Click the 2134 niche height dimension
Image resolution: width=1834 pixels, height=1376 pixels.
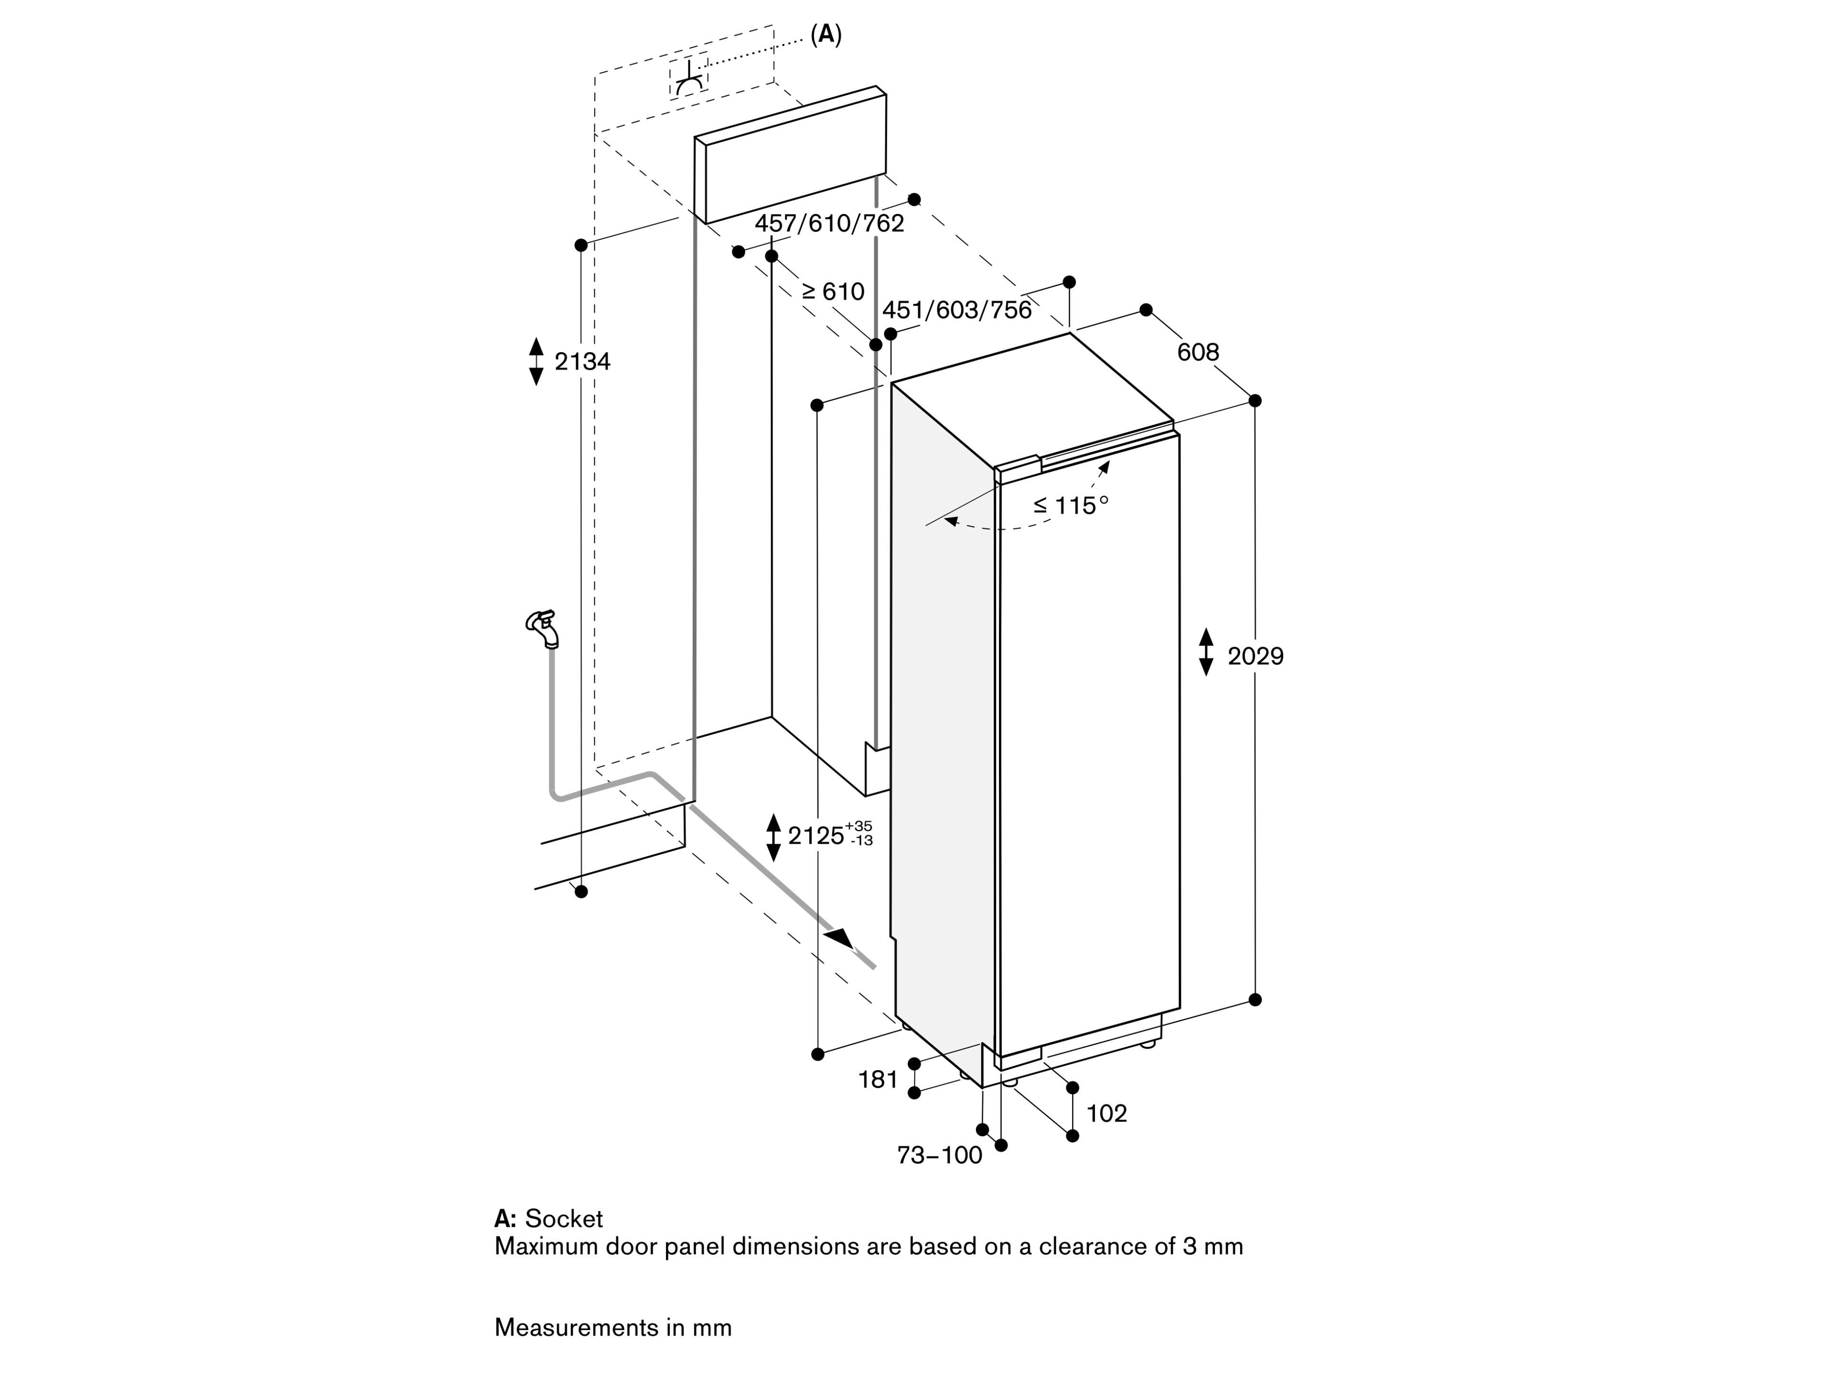(582, 362)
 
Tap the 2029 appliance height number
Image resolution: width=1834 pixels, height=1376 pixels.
(1255, 657)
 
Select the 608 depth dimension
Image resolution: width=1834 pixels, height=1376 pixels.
(1198, 353)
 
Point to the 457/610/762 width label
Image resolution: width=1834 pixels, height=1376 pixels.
(829, 223)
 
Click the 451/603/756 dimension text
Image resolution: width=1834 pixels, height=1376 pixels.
(957, 310)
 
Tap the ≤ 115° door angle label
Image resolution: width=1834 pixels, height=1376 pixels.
(1071, 505)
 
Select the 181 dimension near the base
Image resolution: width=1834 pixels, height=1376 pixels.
(878, 1079)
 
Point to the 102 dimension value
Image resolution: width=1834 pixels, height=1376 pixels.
(1107, 1113)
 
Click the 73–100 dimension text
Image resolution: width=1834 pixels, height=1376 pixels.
(939, 1154)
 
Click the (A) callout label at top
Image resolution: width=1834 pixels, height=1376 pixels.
(826, 35)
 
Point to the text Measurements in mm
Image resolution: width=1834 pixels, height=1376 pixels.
(613, 1328)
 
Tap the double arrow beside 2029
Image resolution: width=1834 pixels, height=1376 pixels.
(1206, 652)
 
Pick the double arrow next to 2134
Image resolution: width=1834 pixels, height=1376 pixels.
(536, 362)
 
